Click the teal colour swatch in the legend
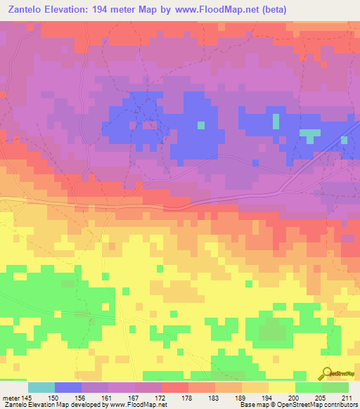(41, 387)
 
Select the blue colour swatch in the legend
(68, 387)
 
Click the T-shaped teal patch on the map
(309, 134)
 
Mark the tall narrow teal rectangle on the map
(275, 121)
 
